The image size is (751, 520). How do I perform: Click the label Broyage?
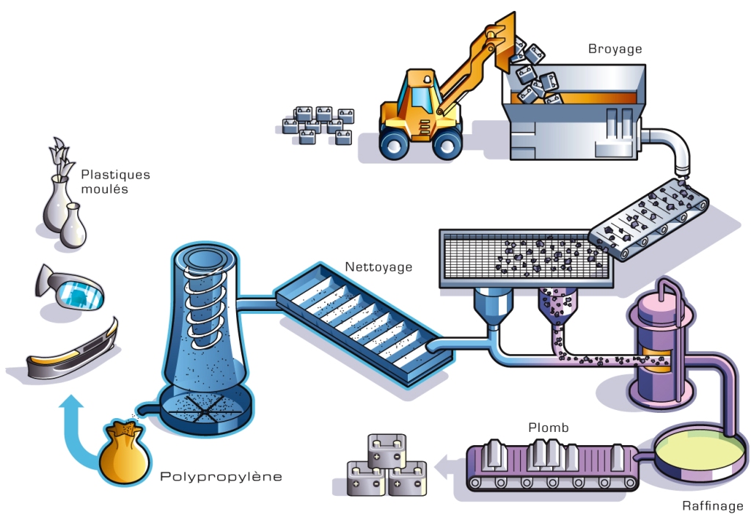tap(615, 49)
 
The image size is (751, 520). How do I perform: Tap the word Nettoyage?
tap(378, 267)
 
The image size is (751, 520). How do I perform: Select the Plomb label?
tap(548, 428)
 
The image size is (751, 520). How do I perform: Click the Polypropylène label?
tap(221, 477)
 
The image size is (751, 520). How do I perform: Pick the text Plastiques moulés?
tap(115, 182)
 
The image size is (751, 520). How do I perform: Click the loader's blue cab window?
tap(421, 95)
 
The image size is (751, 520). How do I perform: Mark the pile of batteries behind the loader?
tap(320, 125)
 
